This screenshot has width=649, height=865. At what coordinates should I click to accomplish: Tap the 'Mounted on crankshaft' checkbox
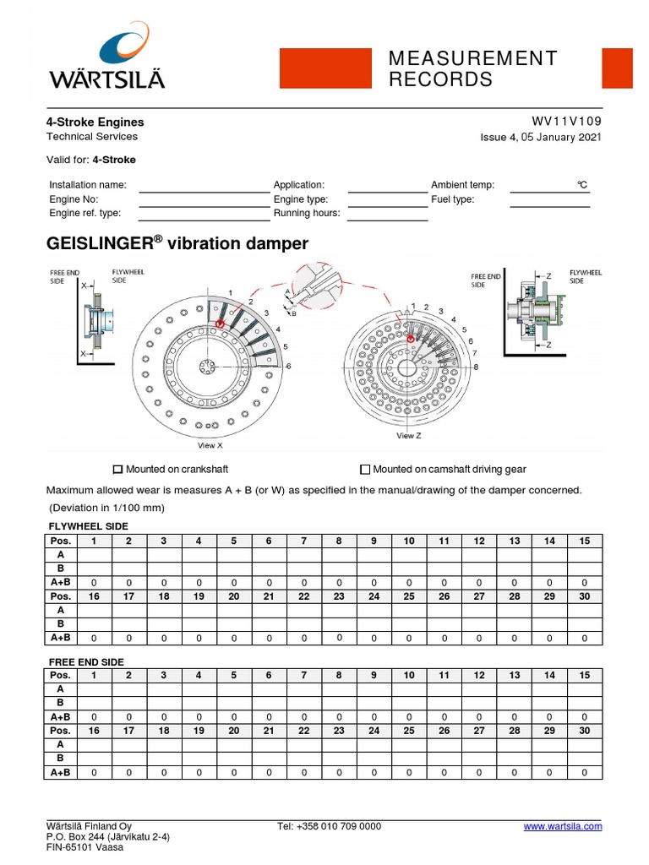pyautogui.click(x=118, y=469)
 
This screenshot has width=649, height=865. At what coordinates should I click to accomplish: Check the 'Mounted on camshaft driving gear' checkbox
pyautogui.click(x=365, y=469)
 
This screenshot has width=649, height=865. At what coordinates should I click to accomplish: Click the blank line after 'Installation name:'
pyautogui.click(x=203, y=187)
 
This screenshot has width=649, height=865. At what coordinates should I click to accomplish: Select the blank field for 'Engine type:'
pyautogui.click(x=387, y=201)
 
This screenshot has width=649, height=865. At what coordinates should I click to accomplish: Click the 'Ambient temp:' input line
pyautogui.click(x=549, y=187)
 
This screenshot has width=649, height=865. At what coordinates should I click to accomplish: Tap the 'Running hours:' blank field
pyautogui.click(x=387, y=215)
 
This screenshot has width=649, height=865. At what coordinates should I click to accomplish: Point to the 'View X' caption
pyautogui.click(x=210, y=444)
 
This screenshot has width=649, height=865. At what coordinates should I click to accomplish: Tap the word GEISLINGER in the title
pyautogui.click(x=100, y=244)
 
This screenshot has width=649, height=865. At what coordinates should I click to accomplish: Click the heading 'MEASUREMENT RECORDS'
pyautogui.click(x=472, y=68)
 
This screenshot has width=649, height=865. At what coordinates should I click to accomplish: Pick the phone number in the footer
pyautogui.click(x=329, y=826)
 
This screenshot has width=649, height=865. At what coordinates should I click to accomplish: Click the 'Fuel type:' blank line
pyautogui.click(x=549, y=201)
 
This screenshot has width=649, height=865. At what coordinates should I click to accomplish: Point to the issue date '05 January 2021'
pyautogui.click(x=559, y=137)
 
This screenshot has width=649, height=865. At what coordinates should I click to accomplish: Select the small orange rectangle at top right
pyautogui.click(x=617, y=68)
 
